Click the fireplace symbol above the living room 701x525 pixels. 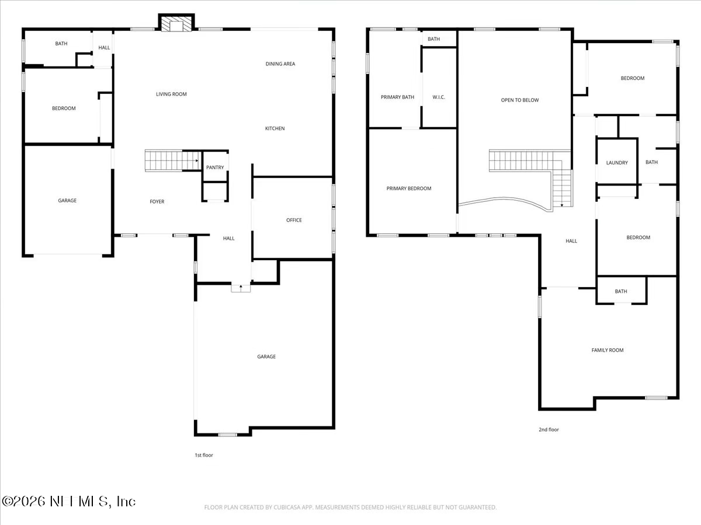coord(176,23)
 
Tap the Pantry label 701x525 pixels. coord(215,168)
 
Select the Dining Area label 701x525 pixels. coord(280,64)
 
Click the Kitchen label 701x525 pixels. coord(275,128)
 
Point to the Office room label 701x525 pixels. coord(294,220)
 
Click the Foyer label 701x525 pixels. coord(157,202)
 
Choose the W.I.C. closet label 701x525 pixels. coord(439,97)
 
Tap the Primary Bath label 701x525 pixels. coord(397,97)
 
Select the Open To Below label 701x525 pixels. coord(520,100)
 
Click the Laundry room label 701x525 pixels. coord(617,163)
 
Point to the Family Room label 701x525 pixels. coord(608,350)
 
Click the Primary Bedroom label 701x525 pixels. coord(409,188)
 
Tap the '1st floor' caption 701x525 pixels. coord(204,455)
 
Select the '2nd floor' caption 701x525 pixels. coord(549,430)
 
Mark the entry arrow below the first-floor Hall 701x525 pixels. coord(241,288)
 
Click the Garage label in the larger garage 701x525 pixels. coord(266,356)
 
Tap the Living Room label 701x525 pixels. coord(171,94)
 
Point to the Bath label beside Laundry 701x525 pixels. coord(651,163)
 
